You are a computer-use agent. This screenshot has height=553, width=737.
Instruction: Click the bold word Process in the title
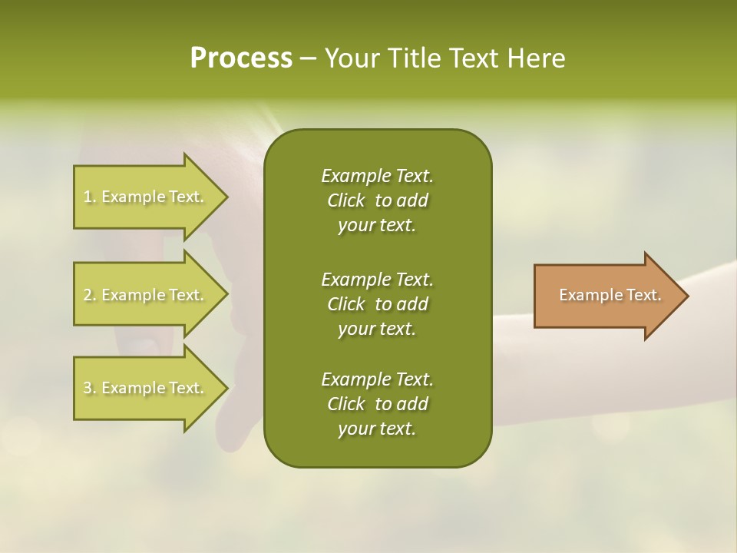[x=241, y=58]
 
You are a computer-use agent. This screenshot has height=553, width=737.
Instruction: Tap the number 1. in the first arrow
[x=90, y=197]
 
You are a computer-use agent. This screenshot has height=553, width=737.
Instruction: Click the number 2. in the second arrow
[x=90, y=295]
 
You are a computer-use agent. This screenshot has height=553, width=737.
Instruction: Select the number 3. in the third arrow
[x=90, y=388]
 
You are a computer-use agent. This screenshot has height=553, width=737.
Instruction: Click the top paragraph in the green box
[x=377, y=200]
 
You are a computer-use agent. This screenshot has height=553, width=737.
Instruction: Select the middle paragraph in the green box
[x=377, y=303]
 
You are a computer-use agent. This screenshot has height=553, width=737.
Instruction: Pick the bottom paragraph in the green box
[x=377, y=404]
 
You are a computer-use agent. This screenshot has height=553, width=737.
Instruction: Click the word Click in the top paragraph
[x=346, y=200]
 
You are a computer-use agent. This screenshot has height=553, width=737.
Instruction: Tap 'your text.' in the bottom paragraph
[x=377, y=429]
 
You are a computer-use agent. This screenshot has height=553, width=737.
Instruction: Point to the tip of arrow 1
[x=226, y=197]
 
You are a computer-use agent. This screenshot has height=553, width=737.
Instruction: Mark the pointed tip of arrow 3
[x=226, y=388]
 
